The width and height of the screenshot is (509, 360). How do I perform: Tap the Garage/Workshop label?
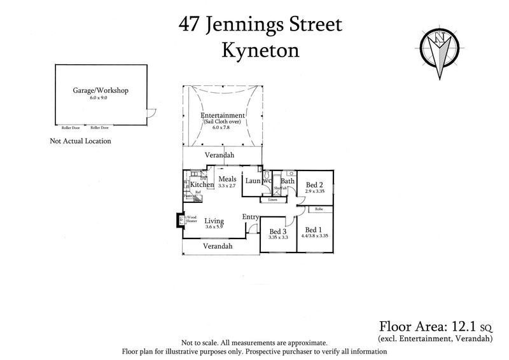pos(101,91)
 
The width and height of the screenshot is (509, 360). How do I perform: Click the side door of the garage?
pos(151,114)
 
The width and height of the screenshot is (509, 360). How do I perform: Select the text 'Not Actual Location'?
pos(80,141)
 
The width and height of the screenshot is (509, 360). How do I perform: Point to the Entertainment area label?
pos(223,116)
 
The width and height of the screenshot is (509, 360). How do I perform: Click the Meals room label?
pos(227,179)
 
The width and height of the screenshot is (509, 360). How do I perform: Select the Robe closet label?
pos(319,209)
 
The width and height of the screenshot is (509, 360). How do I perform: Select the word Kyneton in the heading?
pos(260,50)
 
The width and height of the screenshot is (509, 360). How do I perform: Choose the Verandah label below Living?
pos(218,246)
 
